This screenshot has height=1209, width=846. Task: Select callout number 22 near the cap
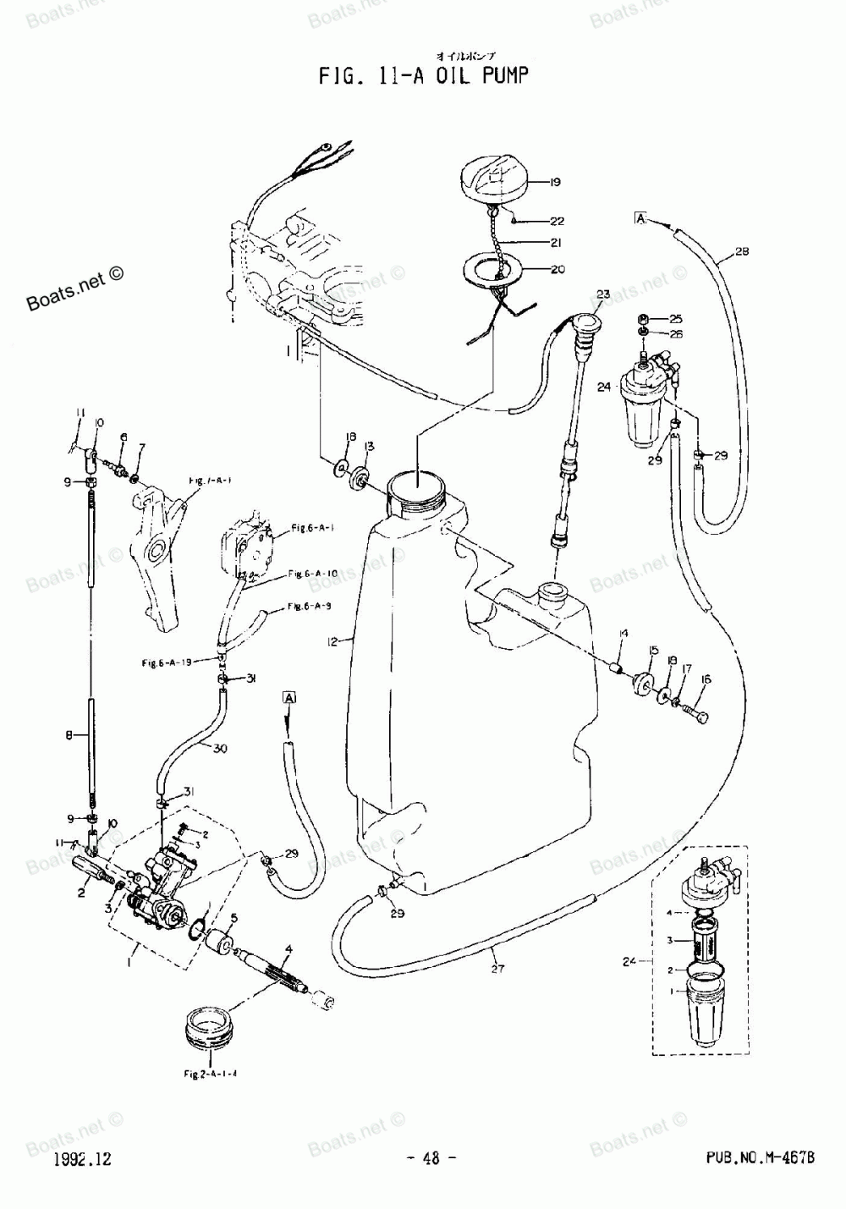(556, 222)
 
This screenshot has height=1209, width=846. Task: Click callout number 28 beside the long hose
(741, 251)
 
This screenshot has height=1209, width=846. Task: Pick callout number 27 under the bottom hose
(497, 969)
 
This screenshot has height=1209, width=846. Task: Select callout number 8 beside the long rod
(69, 735)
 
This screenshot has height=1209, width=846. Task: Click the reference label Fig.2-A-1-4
(210, 1074)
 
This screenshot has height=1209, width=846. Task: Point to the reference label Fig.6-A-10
(312, 574)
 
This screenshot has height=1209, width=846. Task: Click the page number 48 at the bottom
(431, 1159)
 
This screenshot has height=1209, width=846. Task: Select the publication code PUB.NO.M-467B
(759, 1159)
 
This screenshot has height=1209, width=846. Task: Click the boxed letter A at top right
(640, 219)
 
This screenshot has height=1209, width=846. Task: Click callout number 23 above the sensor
(602, 294)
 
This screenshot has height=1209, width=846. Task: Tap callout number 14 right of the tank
(623, 633)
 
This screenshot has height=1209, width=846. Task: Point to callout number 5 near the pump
(234, 917)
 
